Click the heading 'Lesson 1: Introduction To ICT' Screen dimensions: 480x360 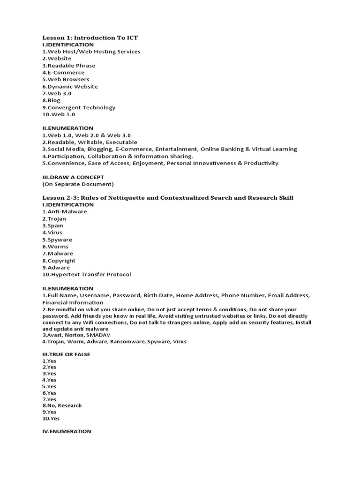click(90, 37)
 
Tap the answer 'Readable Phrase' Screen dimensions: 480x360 click(71, 66)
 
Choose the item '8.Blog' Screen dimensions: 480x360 click(52, 100)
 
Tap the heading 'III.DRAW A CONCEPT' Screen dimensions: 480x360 click(73, 177)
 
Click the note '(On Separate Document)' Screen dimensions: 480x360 click(78, 184)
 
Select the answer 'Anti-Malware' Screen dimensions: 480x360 click(67, 211)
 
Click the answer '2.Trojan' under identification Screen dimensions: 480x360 click(54, 218)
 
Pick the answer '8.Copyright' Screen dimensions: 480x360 click(59, 261)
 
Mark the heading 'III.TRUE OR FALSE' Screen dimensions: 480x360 click(66, 354)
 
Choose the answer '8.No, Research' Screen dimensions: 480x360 click(62, 405)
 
